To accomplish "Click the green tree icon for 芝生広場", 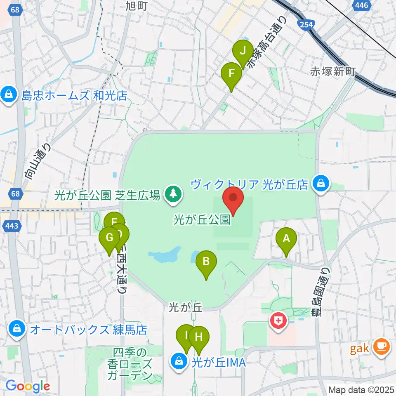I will (173, 193).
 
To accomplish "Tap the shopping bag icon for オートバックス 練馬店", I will (17, 329).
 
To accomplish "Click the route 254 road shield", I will (306, 25).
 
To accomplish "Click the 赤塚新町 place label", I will (333, 72).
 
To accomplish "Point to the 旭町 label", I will (137, 6).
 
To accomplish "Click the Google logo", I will (28, 386).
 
